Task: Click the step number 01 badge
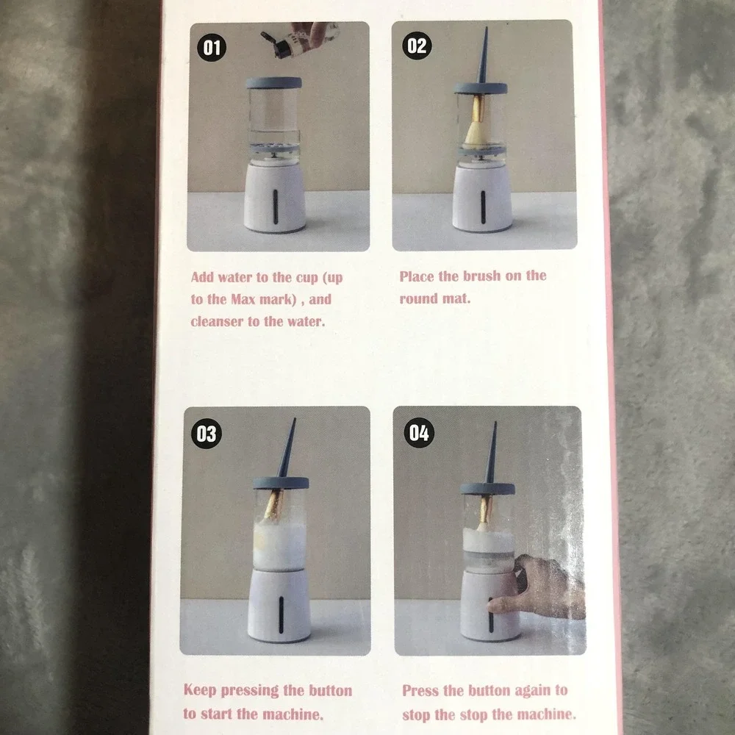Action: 212,47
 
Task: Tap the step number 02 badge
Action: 417,46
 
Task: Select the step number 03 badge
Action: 207,434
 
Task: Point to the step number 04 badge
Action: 419,433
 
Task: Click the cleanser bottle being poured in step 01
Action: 300,40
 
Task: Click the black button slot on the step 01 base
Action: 275,207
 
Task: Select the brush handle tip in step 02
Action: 486,28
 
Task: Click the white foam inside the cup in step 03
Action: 280,545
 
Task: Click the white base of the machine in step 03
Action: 279,605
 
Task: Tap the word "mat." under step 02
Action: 456,298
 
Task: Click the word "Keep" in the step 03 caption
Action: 199,690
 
